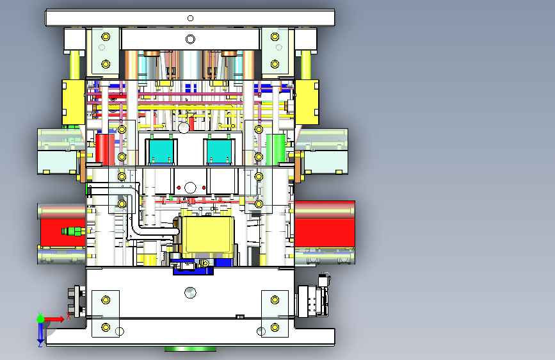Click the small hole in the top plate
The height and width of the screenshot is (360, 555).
point(189,17)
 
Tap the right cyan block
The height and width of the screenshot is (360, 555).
point(219,151)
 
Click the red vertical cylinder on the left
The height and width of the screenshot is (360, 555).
point(104,149)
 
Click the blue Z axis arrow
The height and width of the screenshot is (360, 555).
point(40,332)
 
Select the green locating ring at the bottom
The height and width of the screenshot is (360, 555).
point(191,349)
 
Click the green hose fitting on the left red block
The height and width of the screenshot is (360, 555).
point(73,231)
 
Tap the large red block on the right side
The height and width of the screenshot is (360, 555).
point(325,224)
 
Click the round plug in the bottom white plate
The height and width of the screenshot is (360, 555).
point(189,292)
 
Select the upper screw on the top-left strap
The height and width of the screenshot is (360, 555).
point(106,36)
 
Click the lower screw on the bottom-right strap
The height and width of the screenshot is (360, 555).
point(275,327)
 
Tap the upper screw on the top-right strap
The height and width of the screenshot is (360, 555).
point(275,36)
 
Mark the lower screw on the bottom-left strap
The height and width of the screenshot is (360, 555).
point(106,327)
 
